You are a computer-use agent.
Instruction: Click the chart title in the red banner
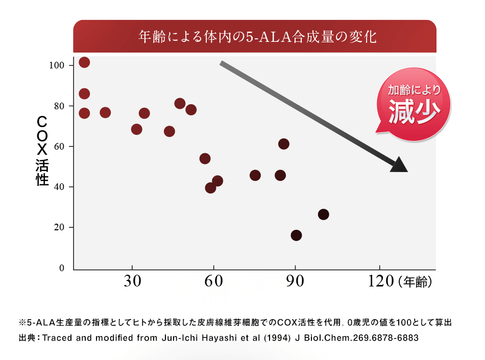point(257,37)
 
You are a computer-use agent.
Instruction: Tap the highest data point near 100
point(84,62)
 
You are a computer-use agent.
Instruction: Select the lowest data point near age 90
point(296,235)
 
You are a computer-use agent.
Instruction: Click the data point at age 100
point(323,214)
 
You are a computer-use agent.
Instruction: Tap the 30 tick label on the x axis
point(132,282)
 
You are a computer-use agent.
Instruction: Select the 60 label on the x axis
point(213,282)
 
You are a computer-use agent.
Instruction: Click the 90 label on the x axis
point(295,282)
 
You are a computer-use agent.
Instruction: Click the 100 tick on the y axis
point(57,65)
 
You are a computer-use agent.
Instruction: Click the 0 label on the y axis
point(62,268)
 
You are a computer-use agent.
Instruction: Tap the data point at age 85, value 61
point(284,144)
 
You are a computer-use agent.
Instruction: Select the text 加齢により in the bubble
point(414,90)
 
